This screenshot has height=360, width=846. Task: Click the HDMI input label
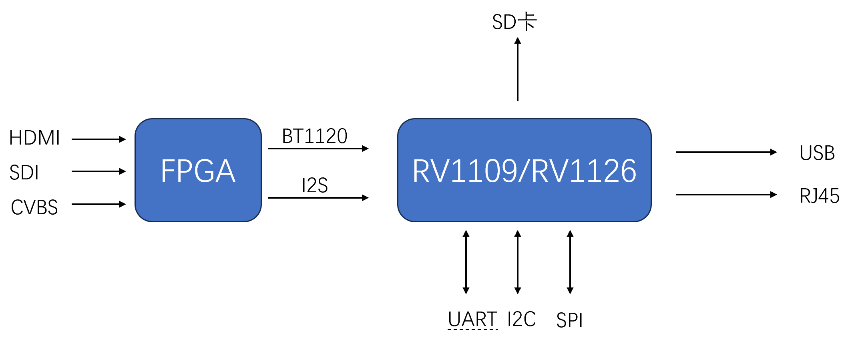(x=34, y=138)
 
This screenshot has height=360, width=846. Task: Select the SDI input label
(x=24, y=173)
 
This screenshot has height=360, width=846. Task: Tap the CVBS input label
(x=34, y=207)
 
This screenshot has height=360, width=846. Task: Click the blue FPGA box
(x=198, y=170)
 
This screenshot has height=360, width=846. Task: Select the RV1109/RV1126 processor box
(x=524, y=170)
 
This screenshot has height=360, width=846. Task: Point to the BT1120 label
(x=315, y=136)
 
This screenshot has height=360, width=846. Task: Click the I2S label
(x=315, y=185)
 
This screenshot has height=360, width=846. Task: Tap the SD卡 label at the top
(x=514, y=22)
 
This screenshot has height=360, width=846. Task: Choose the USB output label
(x=817, y=153)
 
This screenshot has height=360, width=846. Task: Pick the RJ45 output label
(x=819, y=196)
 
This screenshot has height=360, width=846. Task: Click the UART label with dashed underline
(x=472, y=320)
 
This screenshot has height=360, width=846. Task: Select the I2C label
(x=521, y=319)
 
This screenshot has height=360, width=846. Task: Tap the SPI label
(x=569, y=320)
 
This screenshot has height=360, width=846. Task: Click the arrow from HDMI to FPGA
(x=98, y=139)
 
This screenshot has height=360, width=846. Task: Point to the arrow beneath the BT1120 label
(x=318, y=149)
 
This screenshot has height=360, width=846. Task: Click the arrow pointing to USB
(x=726, y=152)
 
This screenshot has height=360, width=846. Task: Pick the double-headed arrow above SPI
(x=570, y=262)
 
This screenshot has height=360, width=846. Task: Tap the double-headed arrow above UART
(x=466, y=262)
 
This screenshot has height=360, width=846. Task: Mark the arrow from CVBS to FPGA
(x=98, y=204)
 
